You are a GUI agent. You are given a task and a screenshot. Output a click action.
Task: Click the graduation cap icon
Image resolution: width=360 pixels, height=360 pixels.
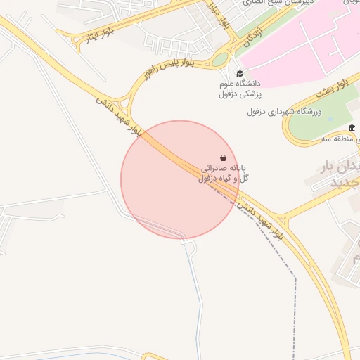click(240, 73)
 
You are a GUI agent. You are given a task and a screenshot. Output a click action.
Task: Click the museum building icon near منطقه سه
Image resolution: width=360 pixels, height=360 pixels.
click(352, 128)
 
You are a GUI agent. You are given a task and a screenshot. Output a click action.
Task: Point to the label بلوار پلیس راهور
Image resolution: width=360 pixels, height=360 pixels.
click(167, 68)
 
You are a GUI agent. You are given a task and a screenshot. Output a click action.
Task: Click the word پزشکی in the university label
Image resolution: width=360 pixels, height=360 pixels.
click(250, 93)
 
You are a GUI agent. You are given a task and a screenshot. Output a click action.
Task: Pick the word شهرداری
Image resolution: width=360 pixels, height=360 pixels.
click(277, 112)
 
